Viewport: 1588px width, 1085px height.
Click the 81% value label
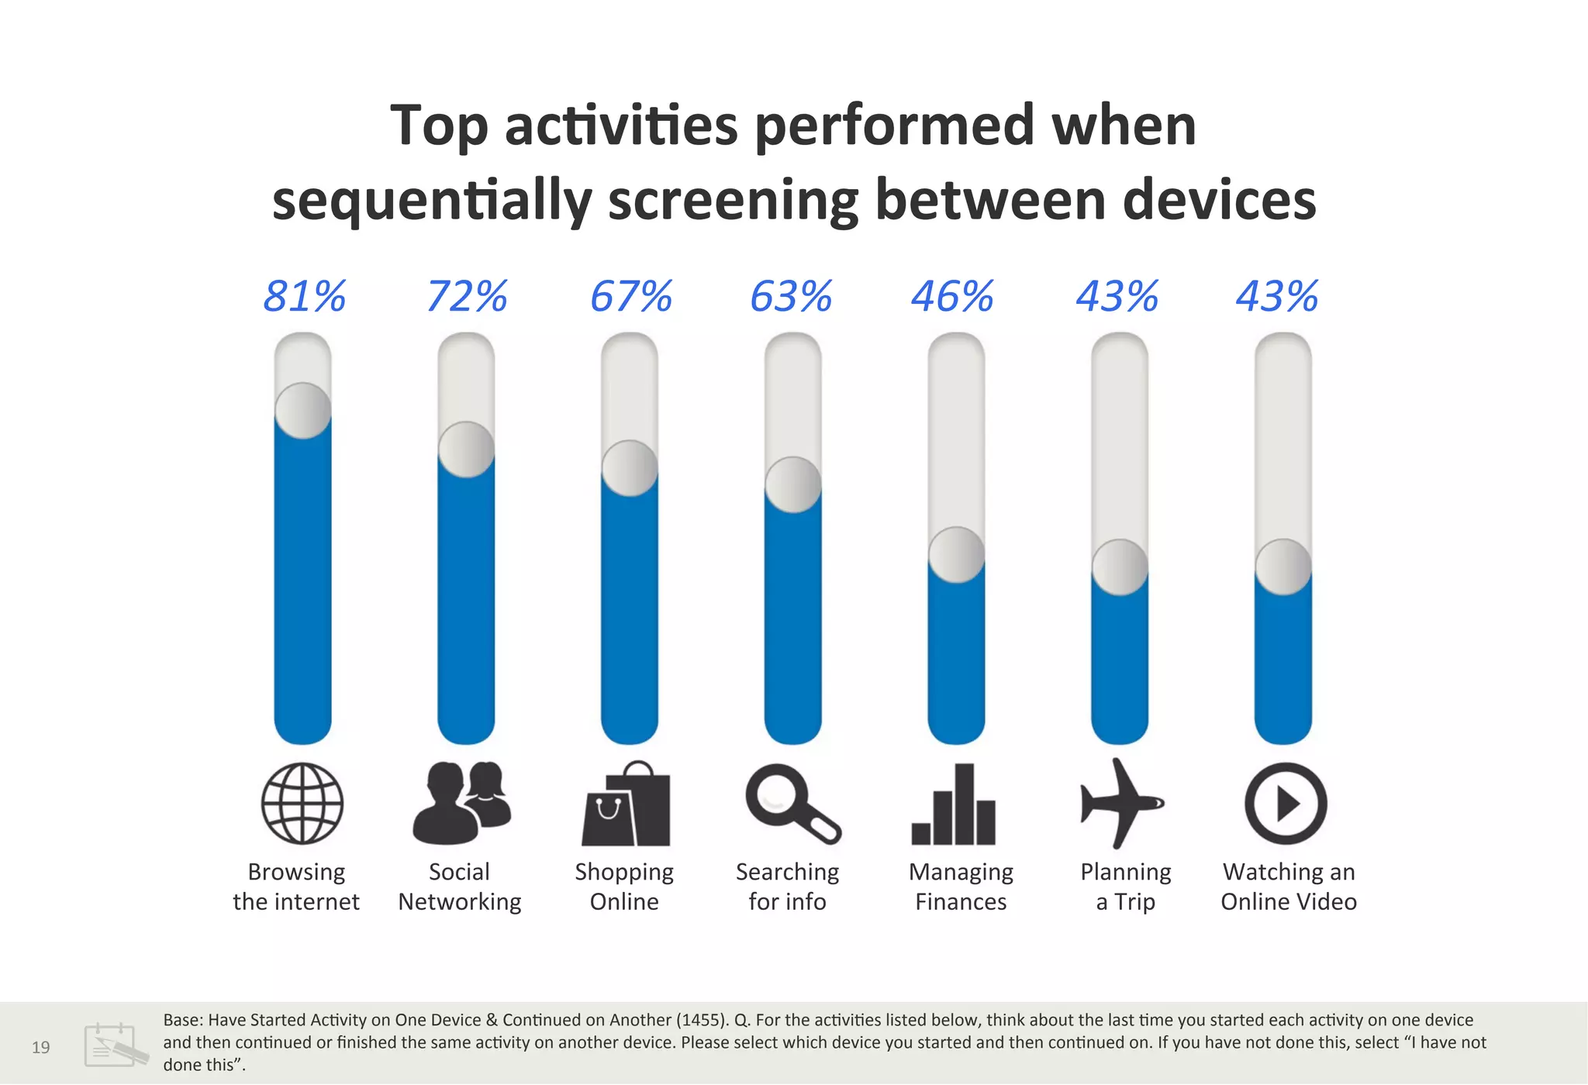pos(304,297)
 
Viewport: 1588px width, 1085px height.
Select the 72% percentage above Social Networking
pos(467,297)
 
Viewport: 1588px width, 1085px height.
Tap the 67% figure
pos(630,297)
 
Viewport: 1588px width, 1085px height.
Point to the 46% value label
pos(952,297)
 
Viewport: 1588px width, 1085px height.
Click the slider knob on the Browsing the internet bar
pos(303,411)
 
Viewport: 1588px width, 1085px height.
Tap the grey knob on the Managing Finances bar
pos(957,555)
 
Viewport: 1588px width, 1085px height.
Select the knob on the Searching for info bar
pos(793,485)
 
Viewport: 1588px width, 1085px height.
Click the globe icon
pos(302,803)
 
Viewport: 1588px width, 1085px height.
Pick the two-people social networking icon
pos(463,803)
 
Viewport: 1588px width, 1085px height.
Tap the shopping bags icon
pos(627,804)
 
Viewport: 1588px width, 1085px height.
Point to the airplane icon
pos(1121,803)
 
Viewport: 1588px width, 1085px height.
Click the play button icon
pos(1286,803)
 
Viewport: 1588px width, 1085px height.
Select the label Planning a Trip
pos(1125,887)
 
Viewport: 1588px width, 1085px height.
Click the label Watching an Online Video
pos(1289,887)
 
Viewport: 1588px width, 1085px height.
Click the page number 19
pos(40,1048)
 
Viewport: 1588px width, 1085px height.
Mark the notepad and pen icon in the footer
pos(115,1045)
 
